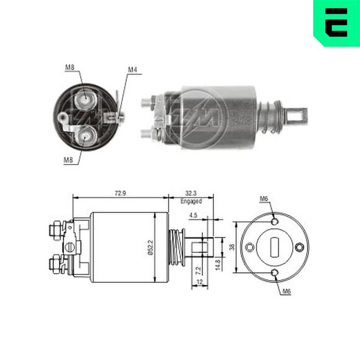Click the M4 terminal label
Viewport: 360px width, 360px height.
132,69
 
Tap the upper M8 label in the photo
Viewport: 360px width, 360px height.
70,67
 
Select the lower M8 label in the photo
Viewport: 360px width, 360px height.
68,160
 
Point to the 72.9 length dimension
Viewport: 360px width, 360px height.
120,193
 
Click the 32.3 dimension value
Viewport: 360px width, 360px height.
191,193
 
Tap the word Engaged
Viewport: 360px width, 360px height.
191,201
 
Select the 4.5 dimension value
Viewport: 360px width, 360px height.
193,215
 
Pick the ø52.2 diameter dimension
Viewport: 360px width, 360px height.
150,247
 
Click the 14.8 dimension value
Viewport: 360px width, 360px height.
218,265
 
